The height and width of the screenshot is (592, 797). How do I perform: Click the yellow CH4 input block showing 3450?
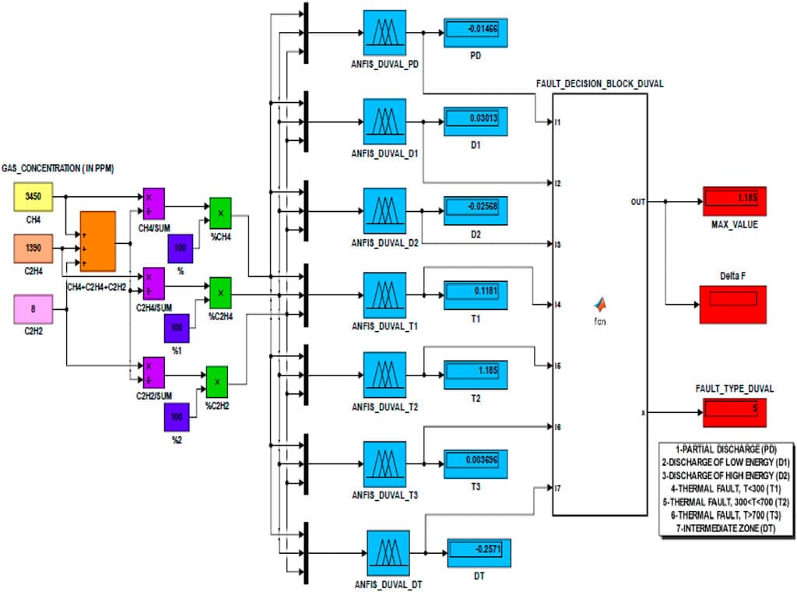point(33,198)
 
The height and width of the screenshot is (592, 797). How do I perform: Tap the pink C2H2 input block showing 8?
point(33,308)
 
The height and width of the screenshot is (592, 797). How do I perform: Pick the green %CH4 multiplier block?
point(221,213)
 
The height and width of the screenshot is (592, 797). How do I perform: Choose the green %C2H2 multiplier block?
point(216,382)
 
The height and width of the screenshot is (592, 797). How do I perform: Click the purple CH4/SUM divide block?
point(153,203)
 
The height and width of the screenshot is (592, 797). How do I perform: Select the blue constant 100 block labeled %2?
point(176,417)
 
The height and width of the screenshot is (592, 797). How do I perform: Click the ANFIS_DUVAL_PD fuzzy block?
point(384,33)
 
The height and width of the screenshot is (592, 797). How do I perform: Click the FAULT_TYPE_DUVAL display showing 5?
point(734,409)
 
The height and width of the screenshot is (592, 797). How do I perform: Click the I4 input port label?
point(557,305)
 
